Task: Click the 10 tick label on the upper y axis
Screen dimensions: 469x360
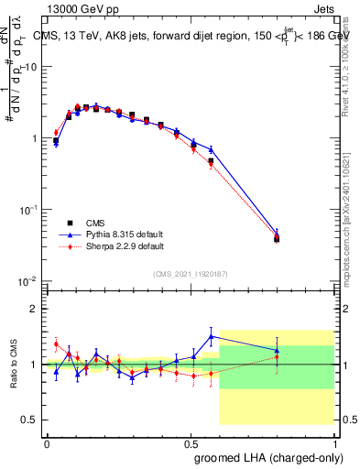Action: click(x=31, y=67)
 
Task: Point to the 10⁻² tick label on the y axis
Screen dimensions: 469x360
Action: click(x=29, y=280)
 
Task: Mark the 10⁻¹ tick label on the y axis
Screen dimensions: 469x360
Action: click(x=29, y=209)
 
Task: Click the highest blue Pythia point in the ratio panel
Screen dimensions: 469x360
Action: click(x=212, y=336)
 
